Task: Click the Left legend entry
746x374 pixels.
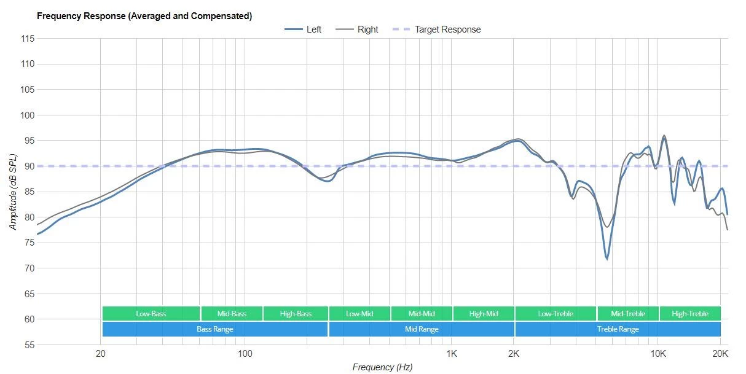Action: tap(313, 29)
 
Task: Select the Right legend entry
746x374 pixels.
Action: tap(367, 29)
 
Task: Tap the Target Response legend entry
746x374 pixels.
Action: tap(447, 29)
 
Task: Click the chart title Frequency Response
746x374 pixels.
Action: tap(144, 16)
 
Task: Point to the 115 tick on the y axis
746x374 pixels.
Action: tap(27, 39)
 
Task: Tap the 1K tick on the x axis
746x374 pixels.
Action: tap(452, 354)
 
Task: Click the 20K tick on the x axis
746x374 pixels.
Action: tap(720, 354)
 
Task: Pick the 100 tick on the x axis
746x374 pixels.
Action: tap(245, 354)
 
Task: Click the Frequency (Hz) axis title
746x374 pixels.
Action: tap(382, 367)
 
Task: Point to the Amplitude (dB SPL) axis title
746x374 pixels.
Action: tap(13, 192)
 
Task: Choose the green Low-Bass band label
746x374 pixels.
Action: tap(151, 314)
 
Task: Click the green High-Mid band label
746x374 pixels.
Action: tap(484, 314)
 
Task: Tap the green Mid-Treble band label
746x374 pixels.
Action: tap(627, 314)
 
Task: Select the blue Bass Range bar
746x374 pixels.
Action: tap(214, 329)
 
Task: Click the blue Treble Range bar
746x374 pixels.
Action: tap(618, 329)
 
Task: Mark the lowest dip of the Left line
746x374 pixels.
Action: tap(607, 259)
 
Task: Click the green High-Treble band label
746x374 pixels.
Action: tap(689, 314)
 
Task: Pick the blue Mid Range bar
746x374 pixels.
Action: tap(422, 329)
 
